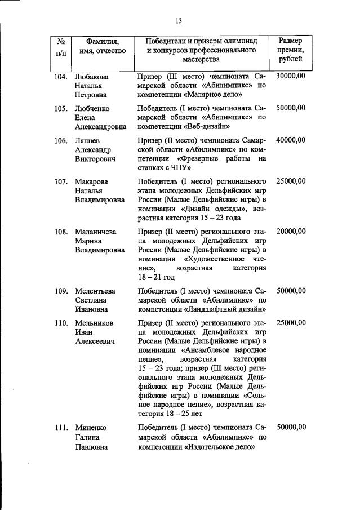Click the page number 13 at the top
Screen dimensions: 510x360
point(179,21)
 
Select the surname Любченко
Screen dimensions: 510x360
point(92,108)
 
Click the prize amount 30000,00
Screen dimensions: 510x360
point(291,76)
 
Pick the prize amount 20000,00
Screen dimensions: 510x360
point(291,232)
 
